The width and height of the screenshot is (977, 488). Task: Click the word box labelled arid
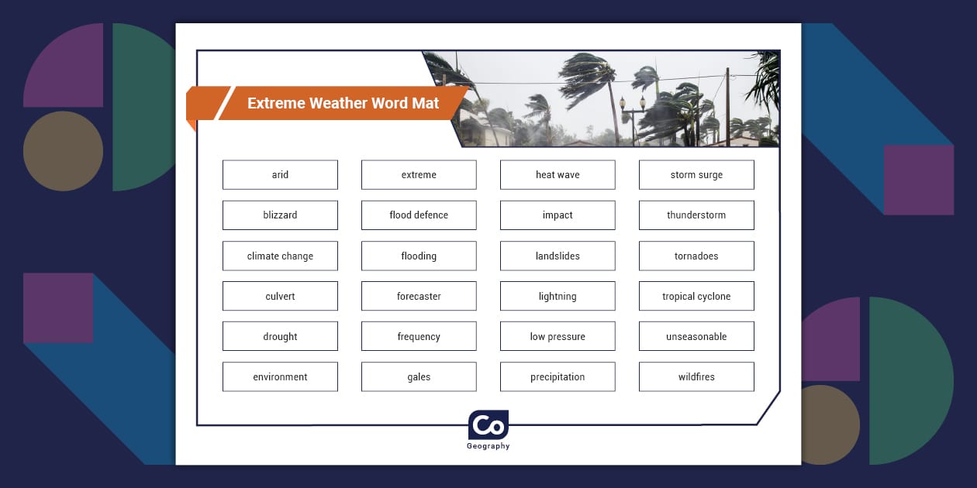[x=280, y=175]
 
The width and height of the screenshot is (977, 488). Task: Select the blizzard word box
[x=280, y=215]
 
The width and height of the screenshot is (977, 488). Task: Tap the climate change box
[x=280, y=256]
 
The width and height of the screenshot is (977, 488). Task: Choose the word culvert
[x=280, y=296]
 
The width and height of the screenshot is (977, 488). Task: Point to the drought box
[x=280, y=336]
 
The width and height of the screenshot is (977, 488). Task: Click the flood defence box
[x=419, y=215]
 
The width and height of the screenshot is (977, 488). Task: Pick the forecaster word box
[x=419, y=296]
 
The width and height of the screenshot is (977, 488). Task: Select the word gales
[x=419, y=376]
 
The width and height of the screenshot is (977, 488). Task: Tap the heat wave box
[x=558, y=175]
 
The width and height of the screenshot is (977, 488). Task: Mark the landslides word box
[x=558, y=256]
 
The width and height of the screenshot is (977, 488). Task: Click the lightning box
[x=558, y=296]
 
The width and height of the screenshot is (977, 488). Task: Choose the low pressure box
[x=558, y=336]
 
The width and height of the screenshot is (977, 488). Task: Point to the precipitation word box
[x=558, y=376]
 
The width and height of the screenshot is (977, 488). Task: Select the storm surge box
[x=696, y=175]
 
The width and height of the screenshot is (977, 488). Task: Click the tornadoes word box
[x=696, y=256]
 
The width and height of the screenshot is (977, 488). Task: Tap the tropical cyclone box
[x=696, y=296]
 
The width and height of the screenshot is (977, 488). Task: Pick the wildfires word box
[x=696, y=376]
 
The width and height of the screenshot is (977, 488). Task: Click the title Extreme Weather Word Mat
[x=343, y=103]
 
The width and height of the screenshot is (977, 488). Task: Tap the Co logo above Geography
[x=488, y=425]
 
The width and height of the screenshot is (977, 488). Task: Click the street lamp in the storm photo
[x=633, y=116]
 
